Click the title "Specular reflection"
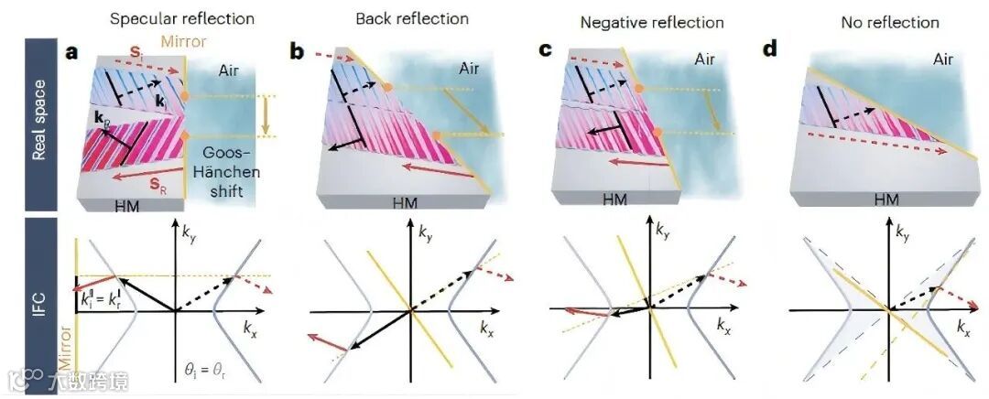click(x=181, y=18)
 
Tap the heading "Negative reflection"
click(x=658, y=21)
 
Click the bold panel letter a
click(x=71, y=51)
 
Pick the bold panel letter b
click(x=298, y=51)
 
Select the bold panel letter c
click(x=546, y=50)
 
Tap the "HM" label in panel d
click(x=886, y=198)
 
